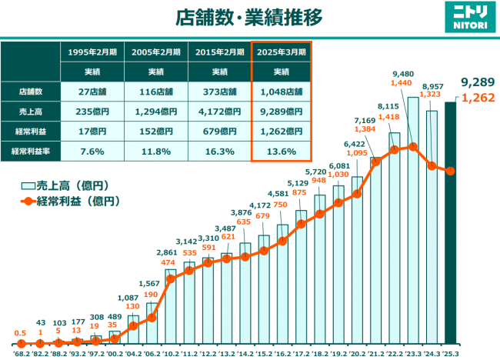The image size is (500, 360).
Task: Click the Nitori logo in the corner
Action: (x=465, y=18)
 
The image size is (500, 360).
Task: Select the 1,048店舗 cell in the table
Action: (x=281, y=92)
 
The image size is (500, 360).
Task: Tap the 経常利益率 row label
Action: (x=31, y=151)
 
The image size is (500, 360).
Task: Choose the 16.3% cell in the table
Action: (x=219, y=151)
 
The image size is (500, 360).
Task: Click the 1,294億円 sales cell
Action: (x=155, y=111)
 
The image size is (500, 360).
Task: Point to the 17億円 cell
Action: (x=92, y=131)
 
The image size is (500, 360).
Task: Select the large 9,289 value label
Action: (x=476, y=82)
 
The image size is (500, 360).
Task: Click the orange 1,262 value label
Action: (x=476, y=98)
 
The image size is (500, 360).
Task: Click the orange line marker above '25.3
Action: (x=450, y=171)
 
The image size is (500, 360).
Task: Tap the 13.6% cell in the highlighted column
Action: (x=281, y=151)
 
